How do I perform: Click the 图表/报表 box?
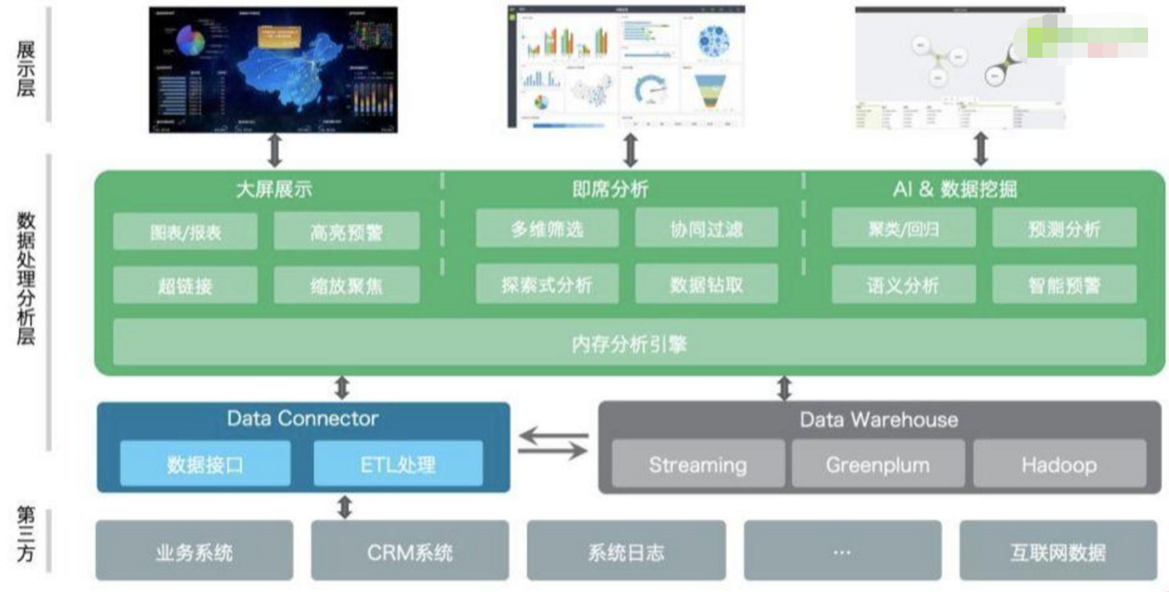click(184, 231)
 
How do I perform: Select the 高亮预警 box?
click(346, 231)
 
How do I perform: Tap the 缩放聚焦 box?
click(346, 285)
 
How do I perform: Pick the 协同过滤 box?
click(706, 229)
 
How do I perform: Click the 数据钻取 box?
click(706, 284)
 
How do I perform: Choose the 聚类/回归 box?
click(903, 229)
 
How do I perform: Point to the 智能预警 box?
click(1064, 284)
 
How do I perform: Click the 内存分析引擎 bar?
click(628, 342)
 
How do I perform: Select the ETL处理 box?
click(398, 463)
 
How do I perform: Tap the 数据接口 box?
click(205, 463)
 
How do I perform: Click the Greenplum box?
click(877, 464)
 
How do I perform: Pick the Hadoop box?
click(1058, 464)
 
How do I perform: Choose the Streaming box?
click(697, 464)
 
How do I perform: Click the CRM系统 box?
click(410, 551)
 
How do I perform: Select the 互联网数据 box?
click(1058, 551)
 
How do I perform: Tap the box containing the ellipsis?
click(842, 551)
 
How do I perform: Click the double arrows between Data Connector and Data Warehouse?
click(553, 445)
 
